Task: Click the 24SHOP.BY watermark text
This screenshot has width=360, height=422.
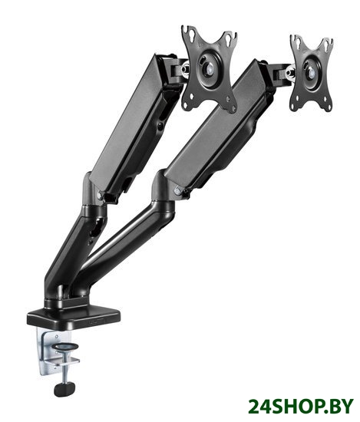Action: coord(300,406)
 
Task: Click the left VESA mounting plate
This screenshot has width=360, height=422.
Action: coord(209,68)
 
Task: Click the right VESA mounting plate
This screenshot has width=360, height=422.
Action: coord(312,73)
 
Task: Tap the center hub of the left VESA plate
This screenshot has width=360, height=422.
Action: coord(209,68)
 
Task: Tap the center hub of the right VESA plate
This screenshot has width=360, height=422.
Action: coord(312,72)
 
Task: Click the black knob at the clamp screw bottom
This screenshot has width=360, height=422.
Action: coord(64,389)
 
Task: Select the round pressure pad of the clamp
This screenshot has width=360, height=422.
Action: coord(65,346)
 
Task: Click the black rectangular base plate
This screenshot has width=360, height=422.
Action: coord(74,317)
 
